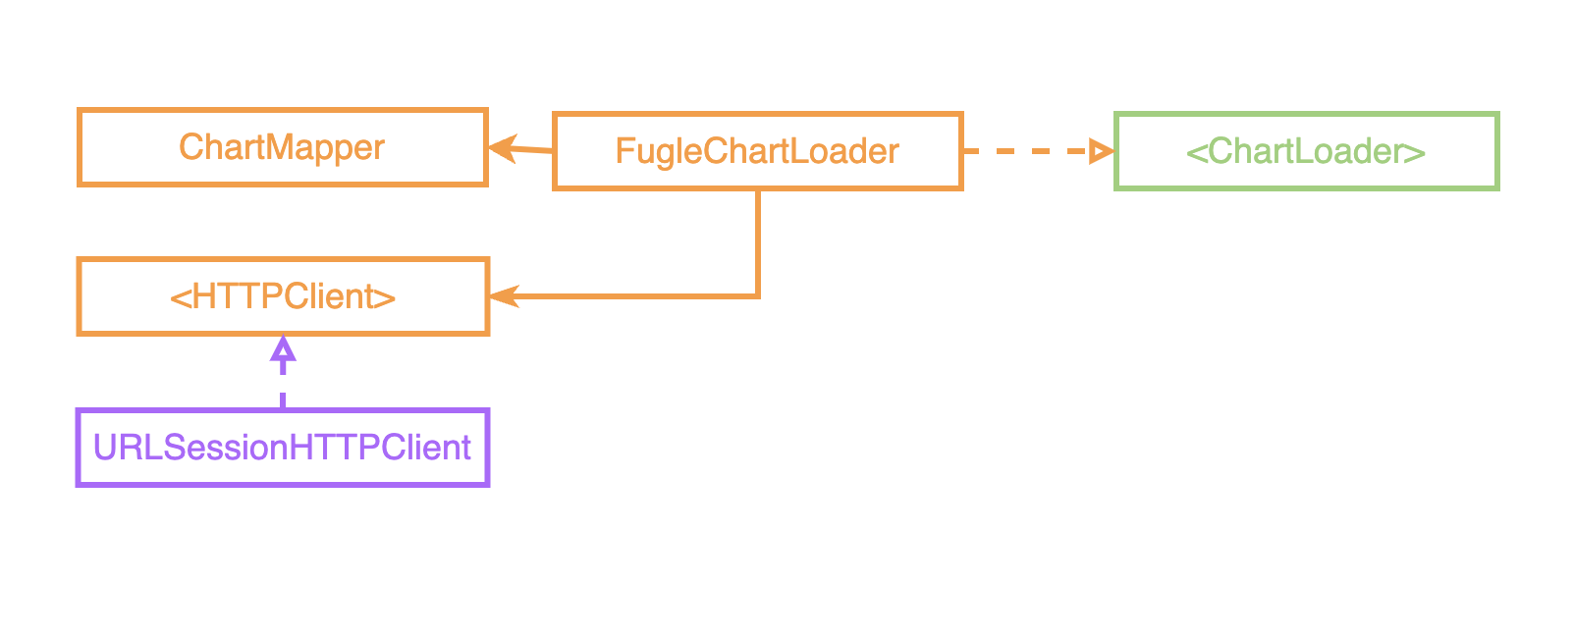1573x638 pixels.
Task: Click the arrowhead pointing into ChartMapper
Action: click(x=502, y=148)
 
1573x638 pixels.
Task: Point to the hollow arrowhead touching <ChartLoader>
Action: click(x=1102, y=151)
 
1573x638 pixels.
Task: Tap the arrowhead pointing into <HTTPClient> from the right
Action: click(x=503, y=295)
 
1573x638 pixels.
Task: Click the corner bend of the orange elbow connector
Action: click(x=757, y=294)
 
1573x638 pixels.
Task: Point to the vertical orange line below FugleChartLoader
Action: click(x=757, y=240)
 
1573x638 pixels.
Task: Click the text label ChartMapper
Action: click(x=282, y=147)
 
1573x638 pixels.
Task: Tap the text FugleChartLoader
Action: click(x=757, y=151)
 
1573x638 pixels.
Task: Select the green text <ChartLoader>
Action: click(x=1306, y=151)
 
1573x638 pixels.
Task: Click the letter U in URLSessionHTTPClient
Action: click(x=103, y=448)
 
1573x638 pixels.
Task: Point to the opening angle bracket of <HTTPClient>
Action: click(x=180, y=297)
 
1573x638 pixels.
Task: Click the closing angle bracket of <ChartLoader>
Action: click(x=1414, y=152)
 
